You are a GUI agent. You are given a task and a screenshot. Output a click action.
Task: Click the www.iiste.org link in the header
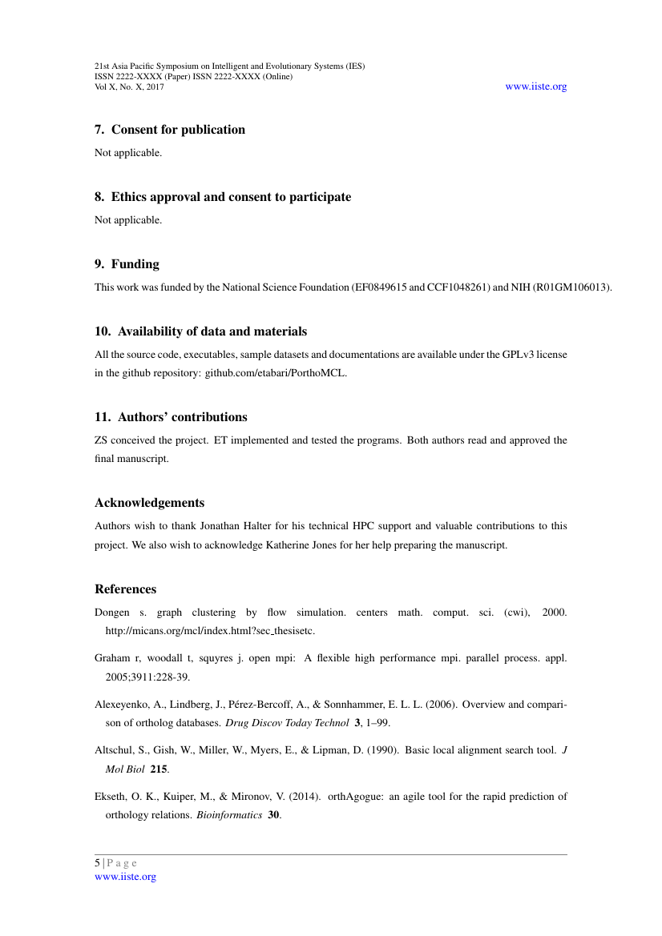coord(535,86)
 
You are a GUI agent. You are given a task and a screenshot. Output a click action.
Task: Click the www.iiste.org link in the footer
coord(125,877)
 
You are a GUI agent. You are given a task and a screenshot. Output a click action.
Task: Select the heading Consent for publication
coord(178,130)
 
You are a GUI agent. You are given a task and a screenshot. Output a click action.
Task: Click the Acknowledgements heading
coord(149,503)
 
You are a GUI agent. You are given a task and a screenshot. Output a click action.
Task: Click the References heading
coord(125,589)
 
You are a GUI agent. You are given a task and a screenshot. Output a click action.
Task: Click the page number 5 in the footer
coord(98,863)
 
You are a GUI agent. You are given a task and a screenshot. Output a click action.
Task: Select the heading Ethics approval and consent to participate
coord(231,197)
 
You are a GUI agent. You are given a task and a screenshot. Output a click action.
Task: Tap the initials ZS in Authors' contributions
coord(102,440)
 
